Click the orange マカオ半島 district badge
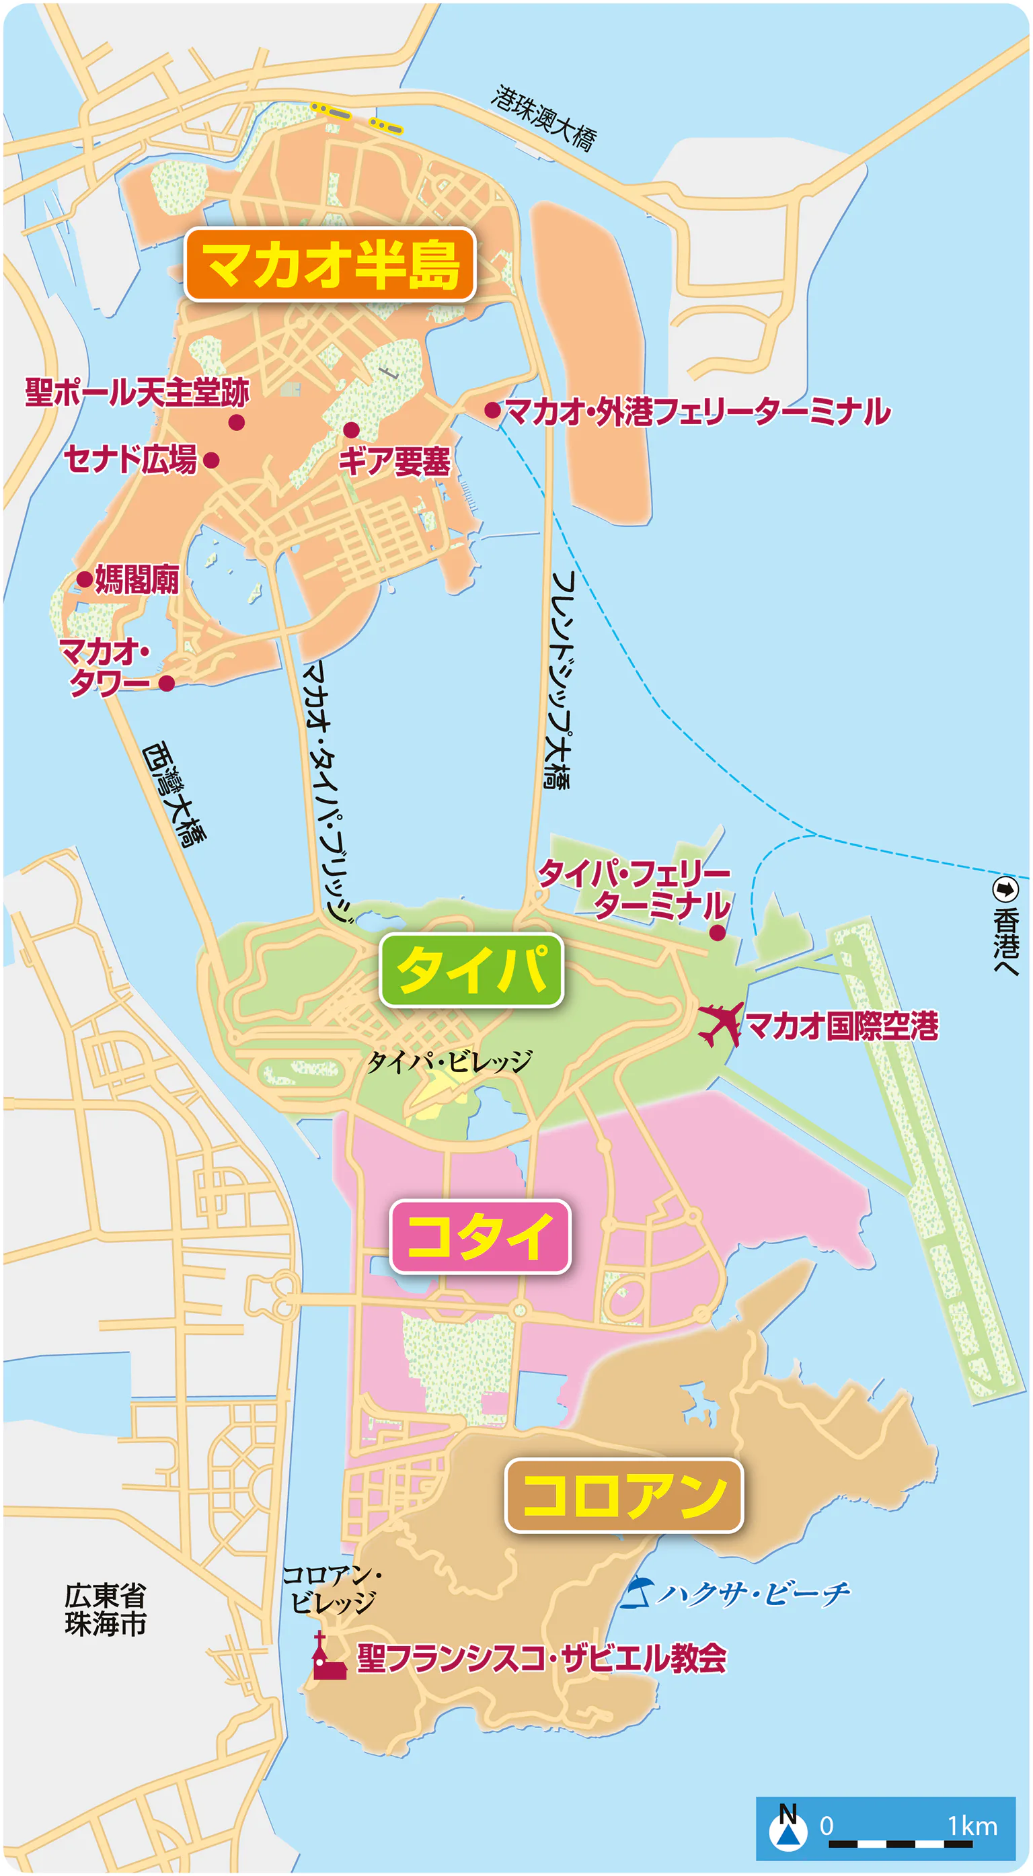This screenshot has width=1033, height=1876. (x=330, y=264)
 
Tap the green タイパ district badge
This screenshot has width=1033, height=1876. (x=471, y=970)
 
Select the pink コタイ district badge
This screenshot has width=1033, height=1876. (x=480, y=1236)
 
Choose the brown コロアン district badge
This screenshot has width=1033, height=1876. (x=623, y=1495)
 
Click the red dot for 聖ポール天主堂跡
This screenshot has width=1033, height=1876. (x=236, y=422)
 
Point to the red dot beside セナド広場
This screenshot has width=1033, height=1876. (x=211, y=460)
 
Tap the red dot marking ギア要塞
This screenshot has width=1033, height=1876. (x=351, y=430)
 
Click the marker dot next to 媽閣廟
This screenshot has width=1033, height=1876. (x=85, y=579)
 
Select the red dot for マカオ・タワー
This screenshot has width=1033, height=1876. (x=167, y=683)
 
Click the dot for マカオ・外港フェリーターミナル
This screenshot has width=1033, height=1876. (x=492, y=410)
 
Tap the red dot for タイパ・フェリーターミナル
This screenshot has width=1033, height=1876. (x=717, y=933)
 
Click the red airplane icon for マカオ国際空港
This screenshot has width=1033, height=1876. (x=720, y=1024)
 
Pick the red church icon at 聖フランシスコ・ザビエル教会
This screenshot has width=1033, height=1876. (x=327, y=1657)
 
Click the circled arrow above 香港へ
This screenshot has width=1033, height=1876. (x=1005, y=889)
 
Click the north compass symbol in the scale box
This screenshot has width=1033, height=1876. (x=788, y=1828)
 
